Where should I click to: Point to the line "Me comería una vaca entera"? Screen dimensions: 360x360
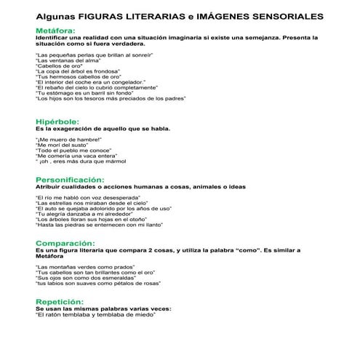pos(76,156)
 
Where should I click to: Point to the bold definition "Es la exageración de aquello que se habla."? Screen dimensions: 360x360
pos(103,129)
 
